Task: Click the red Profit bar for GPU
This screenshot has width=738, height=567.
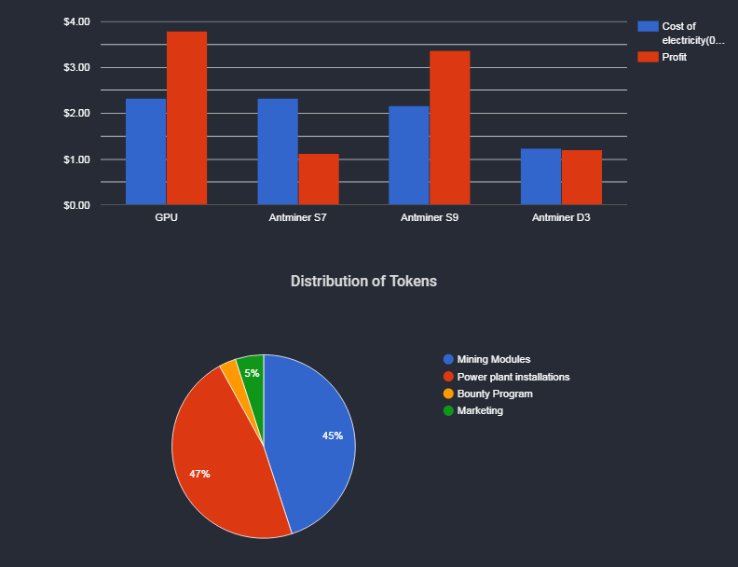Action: coord(186,118)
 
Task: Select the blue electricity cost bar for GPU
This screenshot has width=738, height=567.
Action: coord(145,152)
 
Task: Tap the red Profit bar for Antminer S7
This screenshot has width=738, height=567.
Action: coord(318,179)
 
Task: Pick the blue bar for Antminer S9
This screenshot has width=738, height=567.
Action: coord(408,156)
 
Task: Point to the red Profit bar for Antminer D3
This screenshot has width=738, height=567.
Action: coord(581,177)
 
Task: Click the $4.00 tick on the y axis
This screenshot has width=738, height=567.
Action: coord(76,21)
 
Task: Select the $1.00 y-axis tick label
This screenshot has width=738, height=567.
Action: coord(76,159)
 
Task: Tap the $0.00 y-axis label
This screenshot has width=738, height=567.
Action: coord(76,205)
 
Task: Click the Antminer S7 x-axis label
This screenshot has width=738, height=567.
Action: coord(297,217)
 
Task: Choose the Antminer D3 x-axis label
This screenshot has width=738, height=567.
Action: coord(561,217)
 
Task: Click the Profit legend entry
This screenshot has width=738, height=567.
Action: coord(674,58)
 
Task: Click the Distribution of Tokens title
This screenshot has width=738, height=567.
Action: coord(363,281)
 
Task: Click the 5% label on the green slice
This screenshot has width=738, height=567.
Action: coord(252,373)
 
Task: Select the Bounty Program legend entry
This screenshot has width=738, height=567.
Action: coord(495,394)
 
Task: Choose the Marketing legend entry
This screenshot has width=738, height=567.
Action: coord(480,410)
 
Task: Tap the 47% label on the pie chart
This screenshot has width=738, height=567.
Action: coord(199,474)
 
